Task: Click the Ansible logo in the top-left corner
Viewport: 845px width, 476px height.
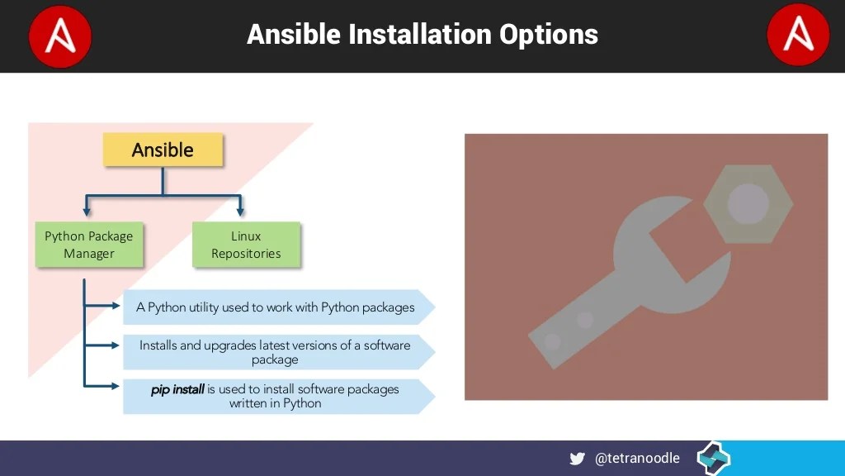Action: click(x=59, y=36)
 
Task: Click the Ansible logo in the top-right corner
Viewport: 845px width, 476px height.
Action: click(x=797, y=36)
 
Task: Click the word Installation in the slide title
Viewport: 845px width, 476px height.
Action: click(x=419, y=35)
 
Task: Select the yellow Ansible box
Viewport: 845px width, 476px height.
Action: click(x=163, y=150)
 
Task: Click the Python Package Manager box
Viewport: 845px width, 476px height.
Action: click(x=88, y=245)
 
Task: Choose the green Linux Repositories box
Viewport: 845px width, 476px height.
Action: click(x=246, y=245)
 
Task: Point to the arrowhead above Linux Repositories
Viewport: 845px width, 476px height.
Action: click(x=239, y=212)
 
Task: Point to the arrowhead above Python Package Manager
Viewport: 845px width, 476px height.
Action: click(x=87, y=212)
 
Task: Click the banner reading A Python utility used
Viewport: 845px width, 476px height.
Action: click(x=276, y=307)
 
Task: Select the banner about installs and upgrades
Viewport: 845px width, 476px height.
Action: click(x=276, y=352)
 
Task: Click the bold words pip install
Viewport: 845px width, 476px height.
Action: click(x=177, y=389)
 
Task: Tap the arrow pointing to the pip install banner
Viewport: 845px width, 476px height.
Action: click(x=114, y=385)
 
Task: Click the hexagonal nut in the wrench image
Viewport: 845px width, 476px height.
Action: click(x=748, y=203)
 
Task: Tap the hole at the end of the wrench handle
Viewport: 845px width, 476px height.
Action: click(x=552, y=340)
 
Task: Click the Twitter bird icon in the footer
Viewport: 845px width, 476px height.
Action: click(x=578, y=459)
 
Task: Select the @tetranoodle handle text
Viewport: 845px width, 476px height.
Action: click(x=637, y=458)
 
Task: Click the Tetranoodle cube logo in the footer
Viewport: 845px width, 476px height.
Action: click(x=713, y=458)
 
